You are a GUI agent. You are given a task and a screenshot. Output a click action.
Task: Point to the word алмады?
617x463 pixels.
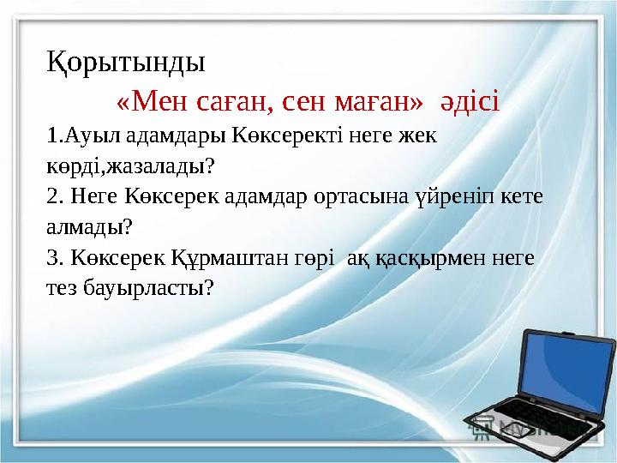click(89, 226)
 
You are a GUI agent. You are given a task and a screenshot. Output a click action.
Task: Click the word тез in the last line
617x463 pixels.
click(62, 288)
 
